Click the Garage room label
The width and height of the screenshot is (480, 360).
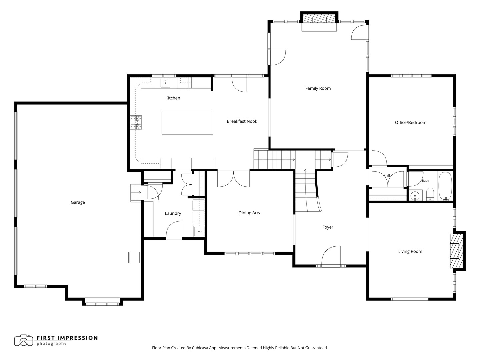pyautogui.click(x=78, y=202)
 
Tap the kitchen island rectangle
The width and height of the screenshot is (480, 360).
pyautogui.click(x=187, y=123)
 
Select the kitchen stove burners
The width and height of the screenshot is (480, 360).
pyautogui.click(x=136, y=122)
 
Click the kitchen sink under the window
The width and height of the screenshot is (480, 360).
pyautogui.click(x=165, y=83)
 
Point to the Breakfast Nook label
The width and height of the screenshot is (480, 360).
pyautogui.click(x=242, y=121)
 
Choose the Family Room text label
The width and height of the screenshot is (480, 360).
pyautogui.click(x=318, y=88)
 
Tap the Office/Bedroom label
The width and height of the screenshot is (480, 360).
pyautogui.click(x=410, y=123)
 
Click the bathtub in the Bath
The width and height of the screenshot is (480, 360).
pyautogui.click(x=445, y=186)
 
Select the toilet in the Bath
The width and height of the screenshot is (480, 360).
pyautogui.click(x=430, y=194)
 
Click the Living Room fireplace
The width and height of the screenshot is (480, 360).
pyautogui.click(x=456, y=251)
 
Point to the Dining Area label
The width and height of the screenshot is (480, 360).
pyautogui.click(x=250, y=213)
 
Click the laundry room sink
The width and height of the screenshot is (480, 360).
pyautogui.click(x=199, y=231)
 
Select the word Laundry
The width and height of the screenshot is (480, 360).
pyautogui.click(x=173, y=213)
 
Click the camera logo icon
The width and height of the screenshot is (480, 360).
pyautogui.click(x=24, y=340)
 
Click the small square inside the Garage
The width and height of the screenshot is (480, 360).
pyautogui.click(x=134, y=257)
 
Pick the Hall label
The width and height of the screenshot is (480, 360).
pyautogui.click(x=386, y=176)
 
